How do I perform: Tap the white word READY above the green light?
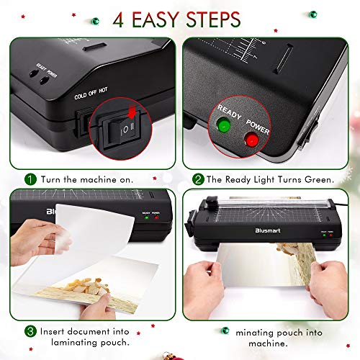click(x=228, y=107)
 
